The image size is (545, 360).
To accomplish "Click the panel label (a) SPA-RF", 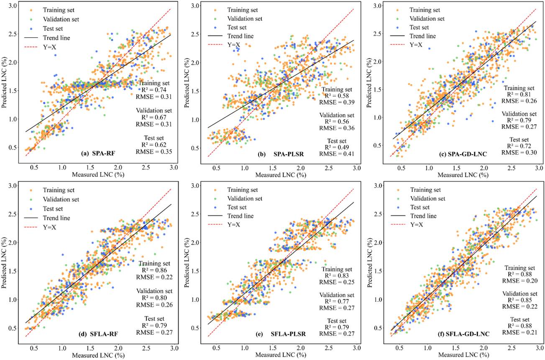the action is tap(98, 153).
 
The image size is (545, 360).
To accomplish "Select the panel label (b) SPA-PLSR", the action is tap(281, 154).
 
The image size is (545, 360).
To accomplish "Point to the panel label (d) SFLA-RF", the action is tap(99, 334).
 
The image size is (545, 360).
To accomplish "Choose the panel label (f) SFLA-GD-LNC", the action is tap(464, 334).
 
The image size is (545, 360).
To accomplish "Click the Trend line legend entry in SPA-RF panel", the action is tap(47, 38).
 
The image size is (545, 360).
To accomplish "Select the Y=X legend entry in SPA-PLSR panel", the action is tap(224, 45).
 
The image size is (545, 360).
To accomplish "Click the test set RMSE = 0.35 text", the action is tap(154, 151).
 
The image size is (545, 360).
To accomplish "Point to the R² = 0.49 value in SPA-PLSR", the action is tap(337, 147).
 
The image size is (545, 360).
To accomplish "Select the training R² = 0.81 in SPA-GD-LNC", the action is tap(519, 94).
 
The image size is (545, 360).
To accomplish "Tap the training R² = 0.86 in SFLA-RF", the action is tap(154, 270).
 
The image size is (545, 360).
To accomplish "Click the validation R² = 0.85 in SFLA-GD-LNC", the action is tap(520, 300).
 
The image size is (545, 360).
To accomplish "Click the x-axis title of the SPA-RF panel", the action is tap(98, 175).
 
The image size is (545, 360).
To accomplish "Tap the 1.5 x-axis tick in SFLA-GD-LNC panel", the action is tap(456, 348).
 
